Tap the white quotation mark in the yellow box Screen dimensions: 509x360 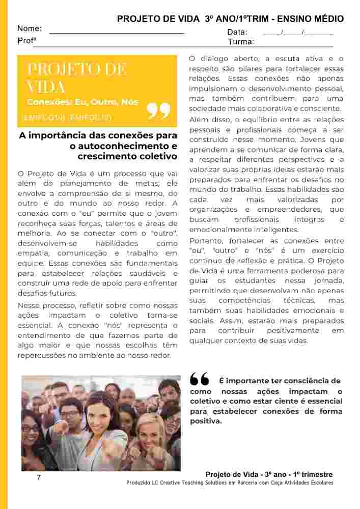pyautogui.click(x=158, y=110)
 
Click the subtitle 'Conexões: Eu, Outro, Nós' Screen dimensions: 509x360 pyautogui.click(x=82, y=102)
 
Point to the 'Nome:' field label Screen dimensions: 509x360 pyautogui.click(x=30, y=29)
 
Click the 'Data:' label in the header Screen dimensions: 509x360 pyautogui.click(x=237, y=32)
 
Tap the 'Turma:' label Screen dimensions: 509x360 pyautogui.click(x=241, y=41)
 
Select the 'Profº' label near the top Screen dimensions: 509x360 pyautogui.click(x=26, y=40)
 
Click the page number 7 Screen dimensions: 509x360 pyautogui.click(x=38, y=477)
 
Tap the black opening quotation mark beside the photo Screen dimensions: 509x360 pyautogui.click(x=199, y=379)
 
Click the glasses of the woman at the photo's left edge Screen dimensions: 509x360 pyautogui.click(x=31, y=428)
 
